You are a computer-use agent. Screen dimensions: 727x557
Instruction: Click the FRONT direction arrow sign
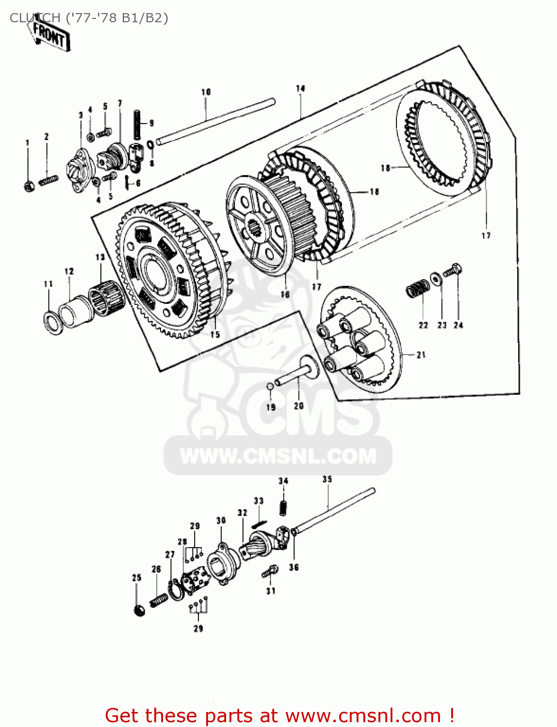point(50,35)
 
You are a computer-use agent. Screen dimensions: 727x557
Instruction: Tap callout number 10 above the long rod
point(206,92)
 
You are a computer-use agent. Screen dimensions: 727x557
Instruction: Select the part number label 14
point(300,88)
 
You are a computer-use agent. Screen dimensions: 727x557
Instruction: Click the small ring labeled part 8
point(150,144)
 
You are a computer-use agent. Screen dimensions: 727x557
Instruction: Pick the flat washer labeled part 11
point(53,323)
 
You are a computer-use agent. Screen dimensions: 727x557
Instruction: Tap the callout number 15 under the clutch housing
point(215,334)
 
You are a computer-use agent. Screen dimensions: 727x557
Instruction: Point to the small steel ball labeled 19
point(270,386)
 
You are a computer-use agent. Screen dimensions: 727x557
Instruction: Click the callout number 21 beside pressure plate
point(421,355)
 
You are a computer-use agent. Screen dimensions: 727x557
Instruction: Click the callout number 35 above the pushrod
point(327,479)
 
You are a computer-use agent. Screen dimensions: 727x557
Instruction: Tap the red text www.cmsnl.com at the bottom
point(363,715)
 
